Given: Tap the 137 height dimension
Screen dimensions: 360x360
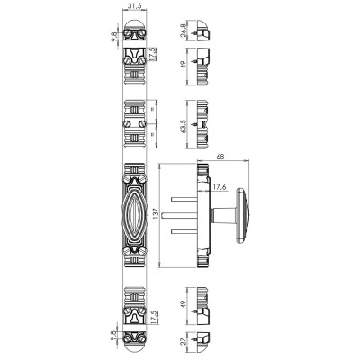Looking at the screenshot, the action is click(156, 214).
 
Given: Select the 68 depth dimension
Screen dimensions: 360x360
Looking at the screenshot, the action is click(220, 157).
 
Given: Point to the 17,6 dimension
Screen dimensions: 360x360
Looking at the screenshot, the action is click(220, 187).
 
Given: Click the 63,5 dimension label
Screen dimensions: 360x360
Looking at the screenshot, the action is click(184, 126).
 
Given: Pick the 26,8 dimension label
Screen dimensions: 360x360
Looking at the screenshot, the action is click(184, 31).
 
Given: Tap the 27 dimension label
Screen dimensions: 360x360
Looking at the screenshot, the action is click(184, 341).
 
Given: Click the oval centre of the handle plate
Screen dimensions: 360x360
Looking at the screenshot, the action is click(134, 214).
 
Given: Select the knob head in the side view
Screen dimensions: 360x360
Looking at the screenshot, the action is click(242, 215).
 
